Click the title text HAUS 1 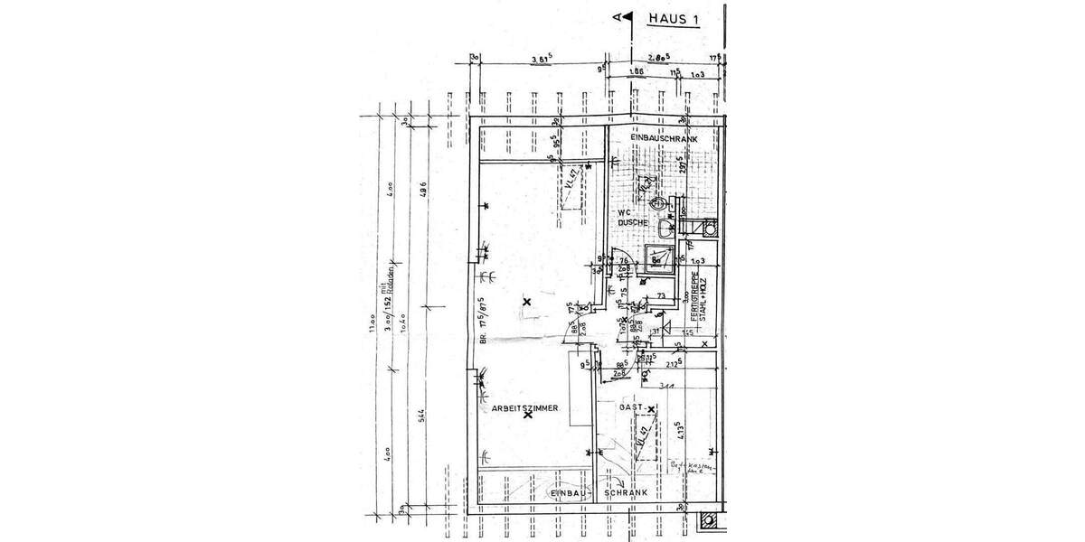pos(673,18)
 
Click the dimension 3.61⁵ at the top pos(541,61)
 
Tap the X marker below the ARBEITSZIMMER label pos(527,416)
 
